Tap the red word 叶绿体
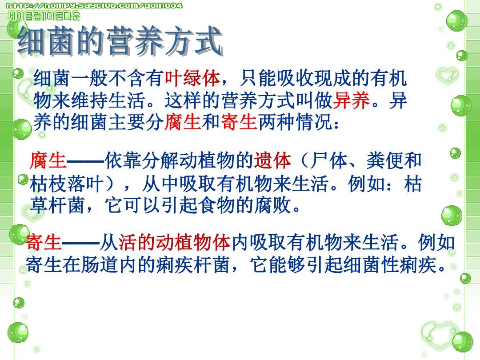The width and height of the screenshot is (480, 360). click(192, 79)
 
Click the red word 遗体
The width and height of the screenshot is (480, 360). click(272, 160)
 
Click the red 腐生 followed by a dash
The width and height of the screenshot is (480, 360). click(48, 160)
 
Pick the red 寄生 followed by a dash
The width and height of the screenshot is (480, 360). click(44, 243)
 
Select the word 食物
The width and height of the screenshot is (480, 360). click(219, 206)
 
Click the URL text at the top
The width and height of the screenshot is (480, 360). click(95, 6)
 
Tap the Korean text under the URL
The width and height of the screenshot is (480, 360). click(44, 16)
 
